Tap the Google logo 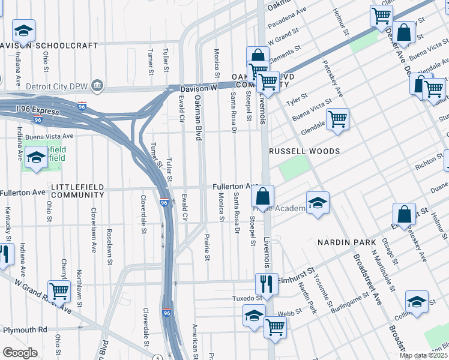19,353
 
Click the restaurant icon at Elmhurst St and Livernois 267,283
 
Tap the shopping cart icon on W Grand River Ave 59,291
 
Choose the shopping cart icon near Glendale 338,118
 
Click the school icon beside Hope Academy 318,202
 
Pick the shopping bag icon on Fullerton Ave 262,196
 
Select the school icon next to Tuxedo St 254,315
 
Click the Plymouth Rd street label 25,330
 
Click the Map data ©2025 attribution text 424,355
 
